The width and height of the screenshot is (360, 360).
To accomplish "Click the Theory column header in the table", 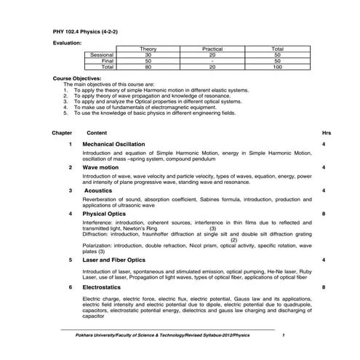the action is [148, 49].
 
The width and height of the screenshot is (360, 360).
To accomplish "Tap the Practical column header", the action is [212, 49].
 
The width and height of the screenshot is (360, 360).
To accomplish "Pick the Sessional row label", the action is [100, 55].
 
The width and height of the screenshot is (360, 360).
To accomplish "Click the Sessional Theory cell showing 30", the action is [148, 55].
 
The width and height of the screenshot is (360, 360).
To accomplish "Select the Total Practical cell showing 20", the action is [212, 66].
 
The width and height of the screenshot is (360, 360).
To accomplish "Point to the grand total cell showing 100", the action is [277, 66].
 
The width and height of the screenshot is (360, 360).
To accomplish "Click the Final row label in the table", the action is [106, 60].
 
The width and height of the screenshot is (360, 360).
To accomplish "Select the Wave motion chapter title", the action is [100, 167].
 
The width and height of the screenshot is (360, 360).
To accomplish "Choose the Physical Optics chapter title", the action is [105, 215].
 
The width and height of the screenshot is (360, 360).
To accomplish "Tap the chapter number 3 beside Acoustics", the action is [70, 190].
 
